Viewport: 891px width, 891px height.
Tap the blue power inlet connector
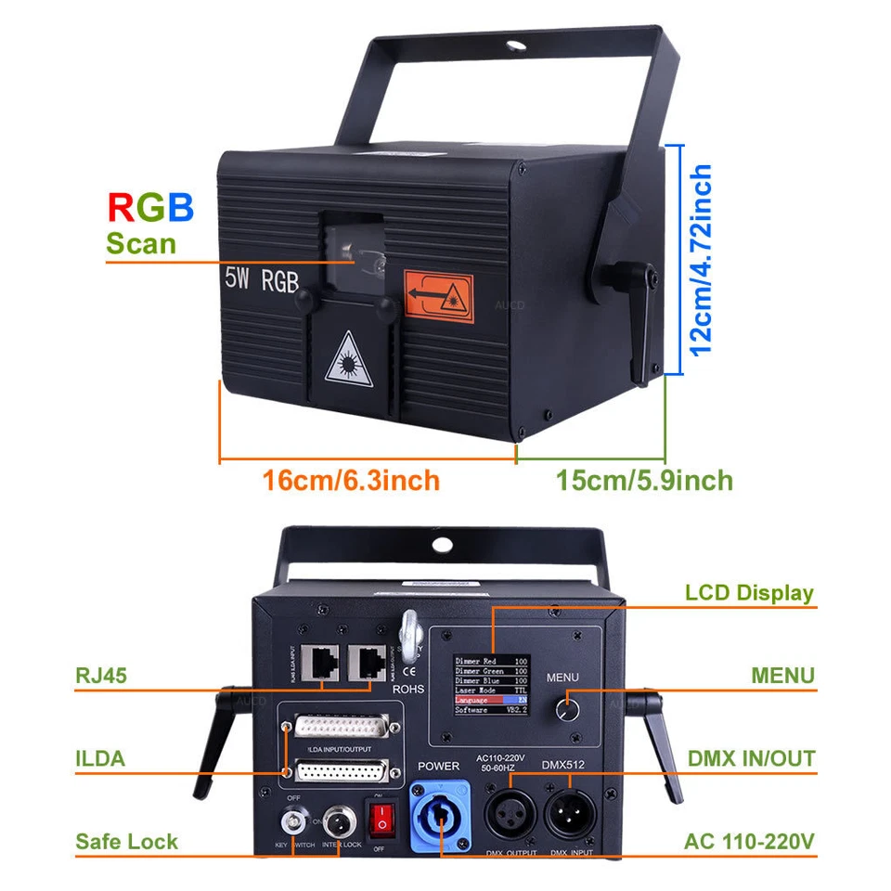(439, 812)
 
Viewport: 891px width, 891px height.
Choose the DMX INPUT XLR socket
(568, 814)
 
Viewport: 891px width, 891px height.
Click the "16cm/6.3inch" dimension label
(351, 481)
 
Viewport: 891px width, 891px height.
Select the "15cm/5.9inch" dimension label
(644, 481)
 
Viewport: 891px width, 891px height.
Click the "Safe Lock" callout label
(127, 842)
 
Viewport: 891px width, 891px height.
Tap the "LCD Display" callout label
(749, 592)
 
